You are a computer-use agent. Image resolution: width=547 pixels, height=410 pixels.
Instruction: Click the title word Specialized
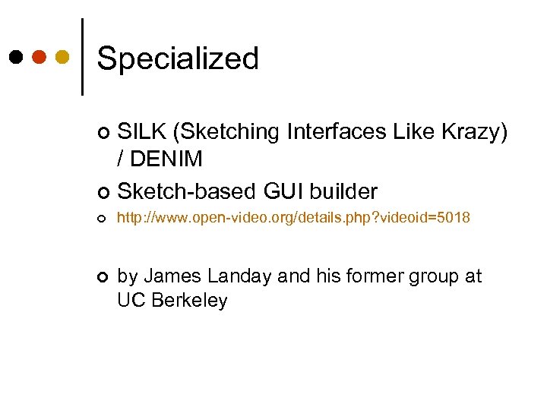(178, 59)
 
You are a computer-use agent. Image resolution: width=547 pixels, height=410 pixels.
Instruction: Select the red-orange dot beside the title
(39, 57)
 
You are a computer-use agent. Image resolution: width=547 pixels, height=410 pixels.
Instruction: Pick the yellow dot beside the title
(62, 57)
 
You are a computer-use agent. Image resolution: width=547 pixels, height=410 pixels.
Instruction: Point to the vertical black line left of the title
(82, 56)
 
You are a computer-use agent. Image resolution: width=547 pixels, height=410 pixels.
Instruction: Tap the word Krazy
(477, 132)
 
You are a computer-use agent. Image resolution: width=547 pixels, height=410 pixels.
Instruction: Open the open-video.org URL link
(293, 219)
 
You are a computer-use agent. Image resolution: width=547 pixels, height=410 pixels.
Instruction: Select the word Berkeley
(190, 301)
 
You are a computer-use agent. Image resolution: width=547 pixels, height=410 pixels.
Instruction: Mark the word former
(359, 276)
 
